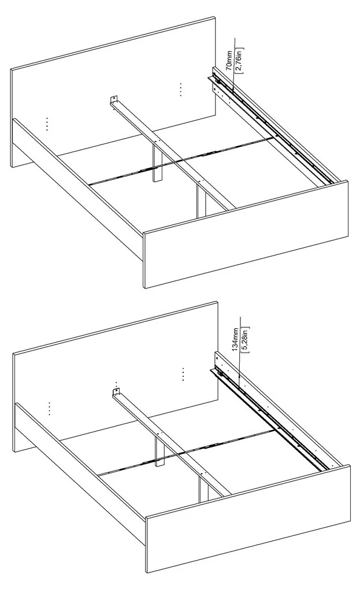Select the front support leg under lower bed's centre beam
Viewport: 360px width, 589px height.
pyautogui.click(x=204, y=484)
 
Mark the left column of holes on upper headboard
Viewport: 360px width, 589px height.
pyautogui.click(x=47, y=124)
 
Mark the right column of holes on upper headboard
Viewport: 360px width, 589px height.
pyautogui.click(x=180, y=90)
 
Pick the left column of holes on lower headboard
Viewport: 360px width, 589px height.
pyautogui.click(x=49, y=409)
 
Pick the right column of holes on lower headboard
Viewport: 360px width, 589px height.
pyautogui.click(x=183, y=375)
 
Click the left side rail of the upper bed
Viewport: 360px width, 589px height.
pyautogui.click(x=77, y=188)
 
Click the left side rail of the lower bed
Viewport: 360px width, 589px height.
pyautogui.click(x=80, y=473)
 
